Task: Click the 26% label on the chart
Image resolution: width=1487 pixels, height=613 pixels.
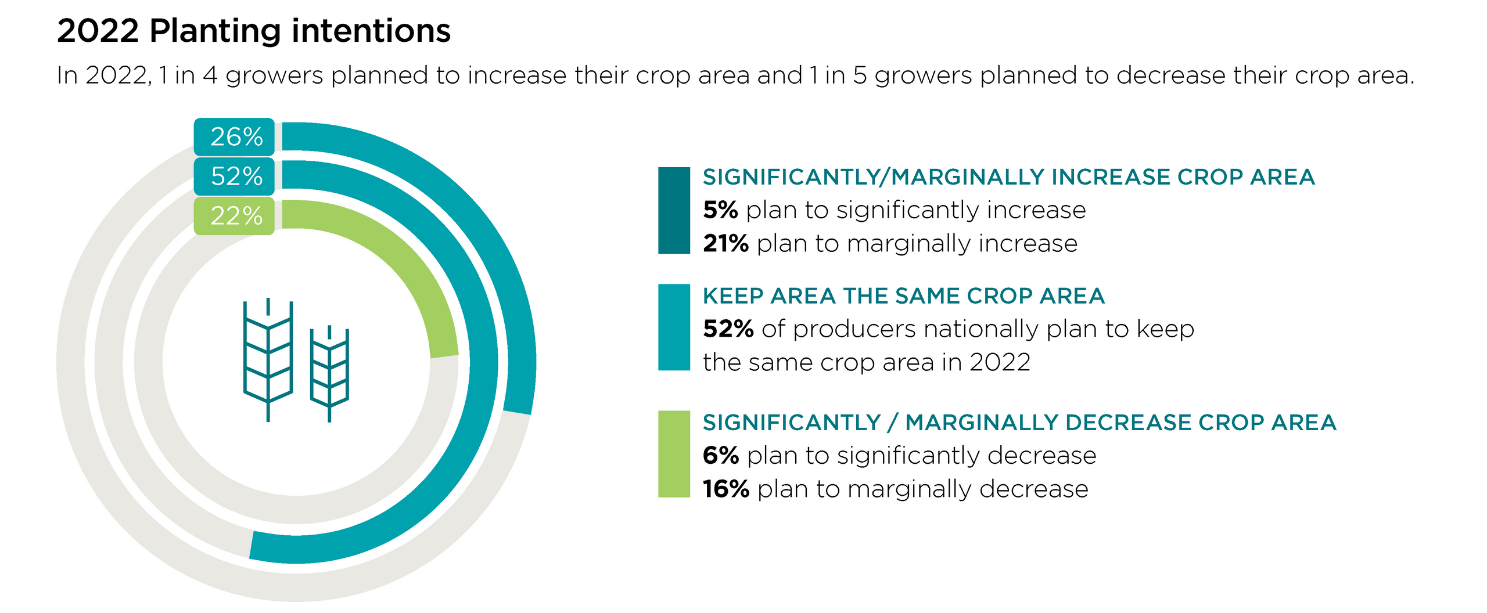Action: (235, 137)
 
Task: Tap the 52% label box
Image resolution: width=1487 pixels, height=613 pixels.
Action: (235, 176)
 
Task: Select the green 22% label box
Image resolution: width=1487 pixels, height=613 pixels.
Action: (235, 216)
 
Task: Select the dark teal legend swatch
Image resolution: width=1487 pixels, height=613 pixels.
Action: (674, 210)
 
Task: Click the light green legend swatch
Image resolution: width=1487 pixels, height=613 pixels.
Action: (674, 454)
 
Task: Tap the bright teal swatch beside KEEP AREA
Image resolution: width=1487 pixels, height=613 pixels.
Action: (674, 327)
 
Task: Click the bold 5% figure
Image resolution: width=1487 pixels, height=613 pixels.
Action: (720, 210)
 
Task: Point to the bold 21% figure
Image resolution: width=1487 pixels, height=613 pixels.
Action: (725, 243)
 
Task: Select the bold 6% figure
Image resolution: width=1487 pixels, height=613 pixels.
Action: (721, 455)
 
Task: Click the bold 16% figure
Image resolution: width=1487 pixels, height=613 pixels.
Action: (725, 489)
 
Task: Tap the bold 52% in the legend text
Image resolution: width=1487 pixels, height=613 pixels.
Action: (728, 329)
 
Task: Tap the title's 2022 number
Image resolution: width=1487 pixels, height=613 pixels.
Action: (98, 31)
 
